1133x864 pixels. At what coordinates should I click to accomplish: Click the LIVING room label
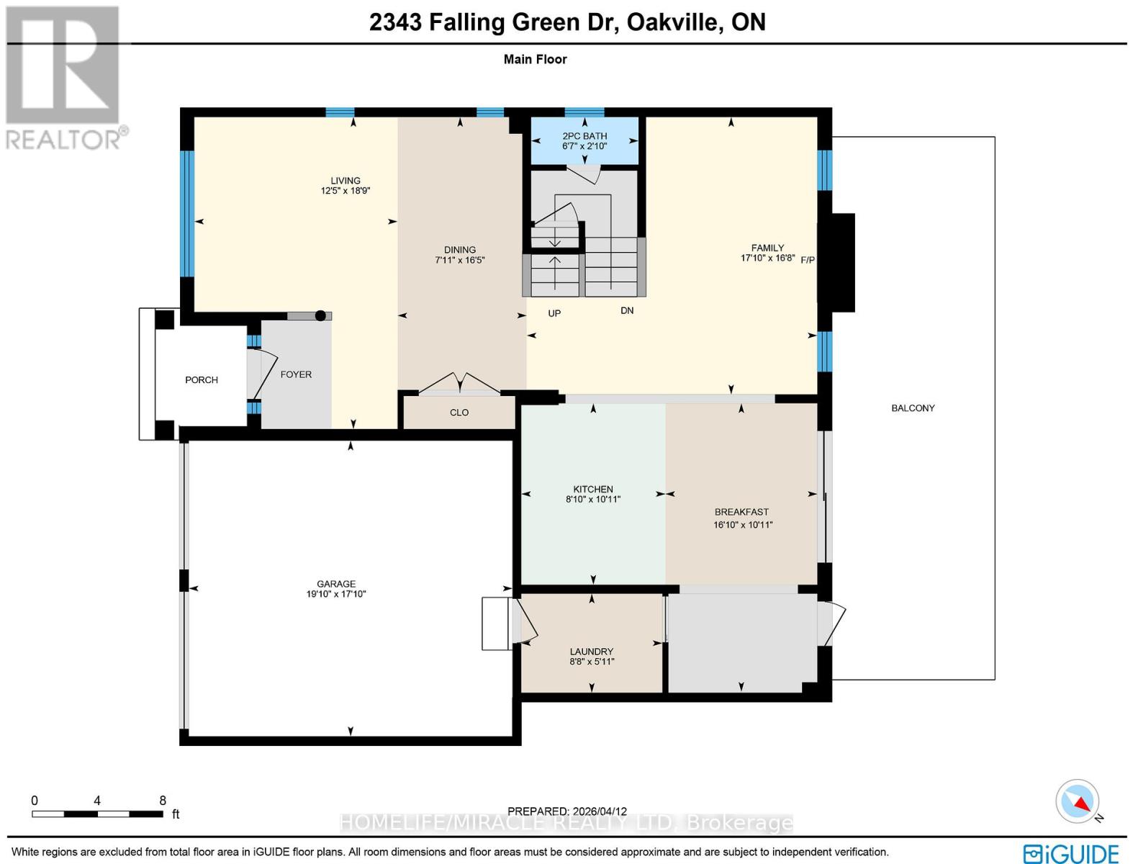(346, 181)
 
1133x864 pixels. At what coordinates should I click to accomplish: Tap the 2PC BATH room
(584, 140)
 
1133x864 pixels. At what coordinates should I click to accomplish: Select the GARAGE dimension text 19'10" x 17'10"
(336, 594)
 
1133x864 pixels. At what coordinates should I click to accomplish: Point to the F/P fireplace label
(808, 260)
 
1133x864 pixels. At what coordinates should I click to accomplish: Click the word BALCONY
(913, 408)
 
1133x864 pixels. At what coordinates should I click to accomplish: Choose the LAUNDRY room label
(592, 651)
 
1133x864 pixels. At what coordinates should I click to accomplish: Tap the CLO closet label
(459, 413)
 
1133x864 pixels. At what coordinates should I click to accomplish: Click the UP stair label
(554, 313)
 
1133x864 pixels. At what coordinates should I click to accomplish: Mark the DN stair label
(627, 310)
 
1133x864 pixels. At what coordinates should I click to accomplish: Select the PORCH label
(202, 379)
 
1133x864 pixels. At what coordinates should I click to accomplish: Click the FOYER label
(296, 374)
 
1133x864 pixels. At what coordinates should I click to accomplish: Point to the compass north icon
(1078, 801)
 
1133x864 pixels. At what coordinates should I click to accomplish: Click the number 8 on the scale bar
(163, 801)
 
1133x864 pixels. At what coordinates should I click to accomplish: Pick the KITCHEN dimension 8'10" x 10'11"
(593, 499)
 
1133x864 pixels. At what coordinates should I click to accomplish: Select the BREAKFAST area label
(741, 512)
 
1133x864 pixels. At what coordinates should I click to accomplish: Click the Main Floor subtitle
(535, 59)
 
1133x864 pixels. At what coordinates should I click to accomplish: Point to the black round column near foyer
(320, 315)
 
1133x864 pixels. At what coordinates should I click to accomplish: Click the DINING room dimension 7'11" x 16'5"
(460, 260)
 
